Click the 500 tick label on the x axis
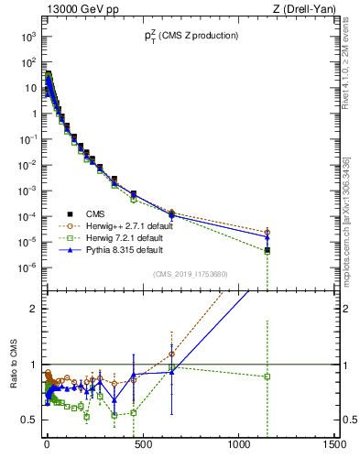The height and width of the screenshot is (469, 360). point(142,443)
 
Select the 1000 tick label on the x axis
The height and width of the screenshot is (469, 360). point(238,443)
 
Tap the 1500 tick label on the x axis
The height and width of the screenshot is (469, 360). point(334,443)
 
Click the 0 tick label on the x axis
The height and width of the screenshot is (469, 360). point(46,443)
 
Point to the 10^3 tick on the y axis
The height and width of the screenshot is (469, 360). point(29,37)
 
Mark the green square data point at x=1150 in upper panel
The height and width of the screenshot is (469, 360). point(267,250)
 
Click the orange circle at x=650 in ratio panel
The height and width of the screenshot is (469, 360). point(171,354)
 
